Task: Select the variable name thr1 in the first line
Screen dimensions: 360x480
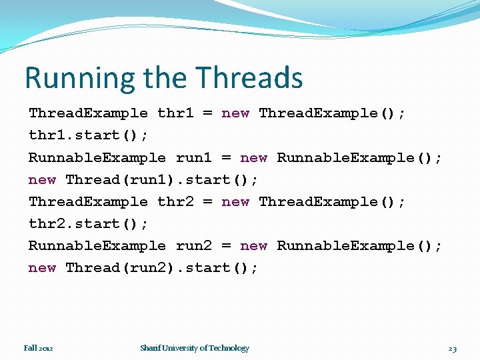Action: pyautogui.click(x=175, y=113)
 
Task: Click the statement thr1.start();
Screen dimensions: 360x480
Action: pyautogui.click(x=89, y=135)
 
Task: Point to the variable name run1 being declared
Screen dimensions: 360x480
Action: pyautogui.click(x=193, y=158)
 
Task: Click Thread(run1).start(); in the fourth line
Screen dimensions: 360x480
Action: pyautogui.click(x=162, y=180)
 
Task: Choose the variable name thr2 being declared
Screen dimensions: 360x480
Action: pyautogui.click(x=175, y=202)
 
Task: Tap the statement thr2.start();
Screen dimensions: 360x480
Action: pyautogui.click(x=89, y=224)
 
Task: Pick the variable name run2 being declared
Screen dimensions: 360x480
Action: pyautogui.click(x=193, y=246)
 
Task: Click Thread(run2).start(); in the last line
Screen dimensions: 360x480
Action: pyautogui.click(x=162, y=268)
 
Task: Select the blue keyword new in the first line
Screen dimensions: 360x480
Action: pyautogui.click(x=235, y=113)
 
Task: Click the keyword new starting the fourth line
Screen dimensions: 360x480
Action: pyautogui.click(x=42, y=180)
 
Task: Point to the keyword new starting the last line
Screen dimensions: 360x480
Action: pyautogui.click(x=42, y=268)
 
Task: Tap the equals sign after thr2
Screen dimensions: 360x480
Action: pyautogui.click(x=207, y=202)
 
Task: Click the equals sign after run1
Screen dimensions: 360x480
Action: pyautogui.click(x=226, y=158)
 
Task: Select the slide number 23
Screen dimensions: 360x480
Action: pyautogui.click(x=452, y=349)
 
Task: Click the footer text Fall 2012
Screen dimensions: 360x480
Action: pyautogui.click(x=39, y=348)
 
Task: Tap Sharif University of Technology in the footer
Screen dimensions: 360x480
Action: pyautogui.click(x=195, y=348)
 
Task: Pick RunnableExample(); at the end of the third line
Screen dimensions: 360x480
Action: pyautogui.click(x=359, y=158)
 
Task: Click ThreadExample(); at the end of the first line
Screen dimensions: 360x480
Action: pyautogui.click(x=332, y=113)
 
